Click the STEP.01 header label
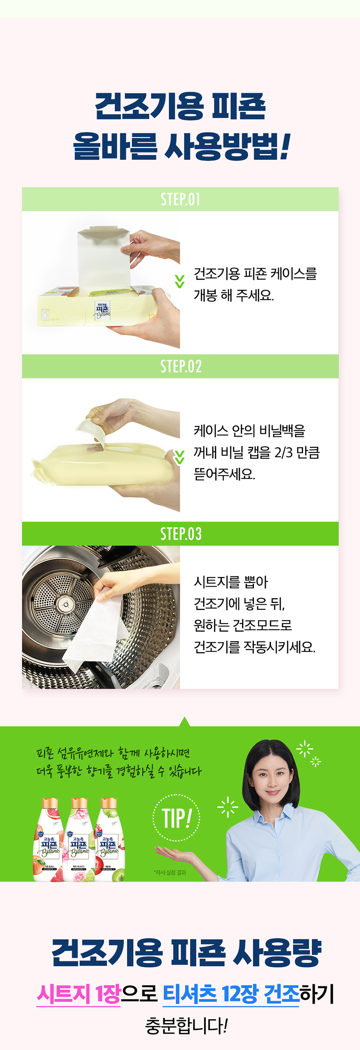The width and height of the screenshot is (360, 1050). tap(180, 199)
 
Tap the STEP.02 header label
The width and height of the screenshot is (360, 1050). tap(180, 366)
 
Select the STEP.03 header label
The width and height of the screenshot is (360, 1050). tap(180, 534)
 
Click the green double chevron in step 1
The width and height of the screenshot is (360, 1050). tap(180, 281)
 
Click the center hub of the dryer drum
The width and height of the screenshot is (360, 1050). tap(65, 605)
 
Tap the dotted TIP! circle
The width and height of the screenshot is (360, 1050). tap(176, 817)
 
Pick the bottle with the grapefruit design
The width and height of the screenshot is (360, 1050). tap(49, 841)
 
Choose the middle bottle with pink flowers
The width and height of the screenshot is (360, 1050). tap(79, 841)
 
